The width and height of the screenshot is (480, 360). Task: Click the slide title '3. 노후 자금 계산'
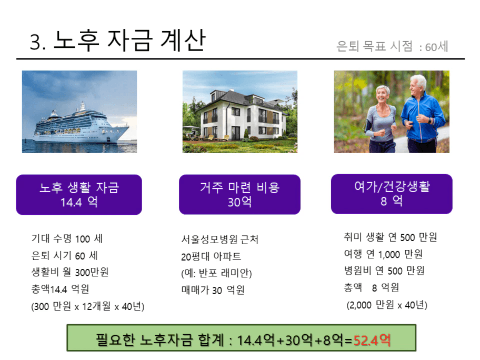pyautogui.click(x=117, y=41)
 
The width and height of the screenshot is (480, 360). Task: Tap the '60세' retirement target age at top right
pyautogui.click(x=436, y=47)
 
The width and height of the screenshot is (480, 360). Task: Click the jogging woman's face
pyautogui.click(x=382, y=95)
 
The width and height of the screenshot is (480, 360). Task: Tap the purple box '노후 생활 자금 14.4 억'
pyautogui.click(x=79, y=195)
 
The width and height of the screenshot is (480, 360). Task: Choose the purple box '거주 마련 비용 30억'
pyautogui.click(x=239, y=194)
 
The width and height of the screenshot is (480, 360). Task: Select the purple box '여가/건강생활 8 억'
pyautogui.click(x=392, y=194)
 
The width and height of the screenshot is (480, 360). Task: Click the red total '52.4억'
pyautogui.click(x=372, y=340)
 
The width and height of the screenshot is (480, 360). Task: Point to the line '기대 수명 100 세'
pyautogui.click(x=67, y=238)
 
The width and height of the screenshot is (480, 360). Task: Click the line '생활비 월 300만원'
pyautogui.click(x=70, y=272)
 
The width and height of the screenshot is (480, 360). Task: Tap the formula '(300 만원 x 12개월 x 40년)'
pyautogui.click(x=87, y=306)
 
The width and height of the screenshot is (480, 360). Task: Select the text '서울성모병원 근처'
pyautogui.click(x=220, y=239)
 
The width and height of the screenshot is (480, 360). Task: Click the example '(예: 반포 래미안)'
pyautogui.click(x=216, y=273)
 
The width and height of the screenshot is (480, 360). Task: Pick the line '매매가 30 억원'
pyautogui.click(x=213, y=289)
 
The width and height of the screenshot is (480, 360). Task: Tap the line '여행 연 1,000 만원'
pyautogui.click(x=383, y=254)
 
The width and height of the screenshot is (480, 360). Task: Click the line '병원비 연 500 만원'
pyautogui.click(x=384, y=271)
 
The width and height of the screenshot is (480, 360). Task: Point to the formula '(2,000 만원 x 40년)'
pyautogui.click(x=387, y=305)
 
